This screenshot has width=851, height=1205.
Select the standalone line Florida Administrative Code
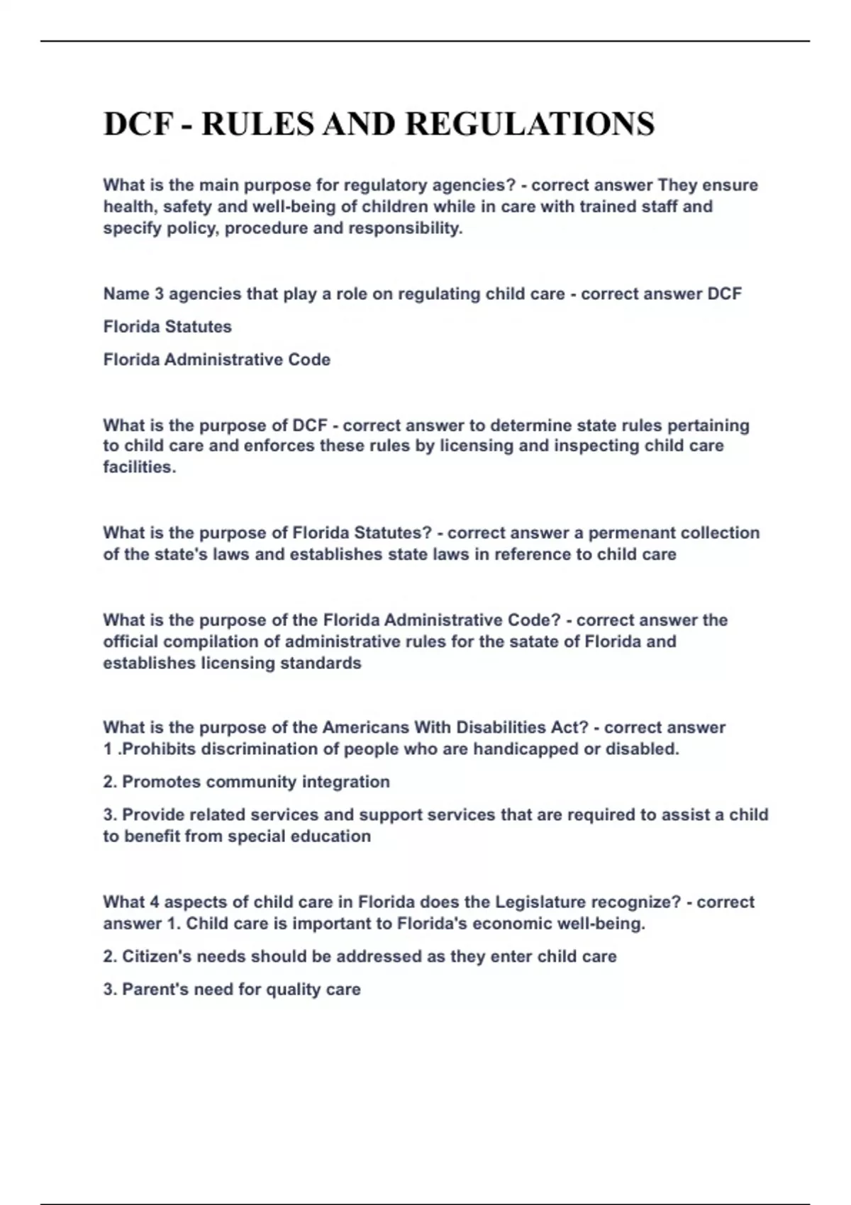217,360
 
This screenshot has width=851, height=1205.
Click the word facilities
140,468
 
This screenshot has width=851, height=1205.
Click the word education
334,836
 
